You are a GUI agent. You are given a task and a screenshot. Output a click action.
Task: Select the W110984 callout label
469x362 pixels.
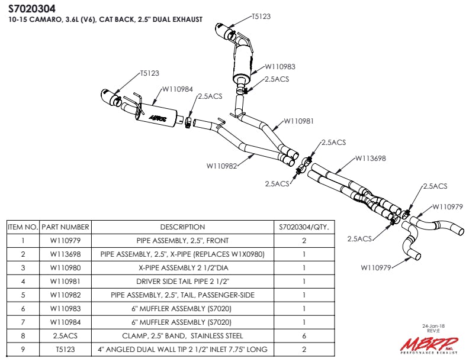tap(177, 89)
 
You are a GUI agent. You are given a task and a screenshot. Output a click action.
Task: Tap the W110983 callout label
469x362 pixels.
tap(280, 67)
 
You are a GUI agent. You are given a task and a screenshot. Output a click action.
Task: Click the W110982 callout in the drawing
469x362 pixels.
tap(221, 166)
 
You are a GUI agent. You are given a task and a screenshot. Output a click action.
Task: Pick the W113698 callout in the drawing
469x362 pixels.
tap(370, 159)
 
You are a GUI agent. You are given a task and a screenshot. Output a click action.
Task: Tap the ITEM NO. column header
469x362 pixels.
tap(23, 227)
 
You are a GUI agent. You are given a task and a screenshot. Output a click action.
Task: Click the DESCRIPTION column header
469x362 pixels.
tap(182, 227)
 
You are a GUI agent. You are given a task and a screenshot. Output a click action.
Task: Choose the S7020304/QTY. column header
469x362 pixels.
tap(304, 227)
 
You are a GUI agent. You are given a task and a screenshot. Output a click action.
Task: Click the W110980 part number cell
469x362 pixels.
tap(65, 267)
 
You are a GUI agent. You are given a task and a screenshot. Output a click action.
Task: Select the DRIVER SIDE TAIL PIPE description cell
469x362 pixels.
tap(182, 281)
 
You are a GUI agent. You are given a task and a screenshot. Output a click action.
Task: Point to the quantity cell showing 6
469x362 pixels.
tap(304, 335)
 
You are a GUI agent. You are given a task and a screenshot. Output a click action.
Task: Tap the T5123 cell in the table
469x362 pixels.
tap(65, 349)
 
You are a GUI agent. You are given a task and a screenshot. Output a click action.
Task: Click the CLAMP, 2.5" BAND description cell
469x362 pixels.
tap(182, 335)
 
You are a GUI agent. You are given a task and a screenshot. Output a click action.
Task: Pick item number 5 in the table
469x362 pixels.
tap(23, 295)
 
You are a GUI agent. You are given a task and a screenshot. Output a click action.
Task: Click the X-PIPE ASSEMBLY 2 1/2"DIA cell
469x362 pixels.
tap(182, 267)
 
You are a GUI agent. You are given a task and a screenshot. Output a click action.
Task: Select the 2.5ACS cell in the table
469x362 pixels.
tap(65, 335)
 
